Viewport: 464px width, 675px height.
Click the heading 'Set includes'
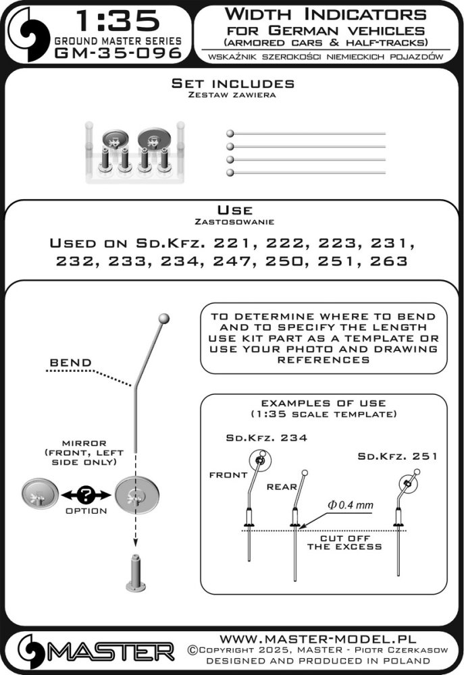232,84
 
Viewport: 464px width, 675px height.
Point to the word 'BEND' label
71,363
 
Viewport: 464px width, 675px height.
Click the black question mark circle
86,494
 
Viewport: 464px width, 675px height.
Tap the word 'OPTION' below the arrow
86,511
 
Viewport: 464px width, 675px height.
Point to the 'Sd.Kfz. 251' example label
398,457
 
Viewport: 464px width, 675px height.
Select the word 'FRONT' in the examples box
228,475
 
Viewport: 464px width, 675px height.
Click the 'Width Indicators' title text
326,13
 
